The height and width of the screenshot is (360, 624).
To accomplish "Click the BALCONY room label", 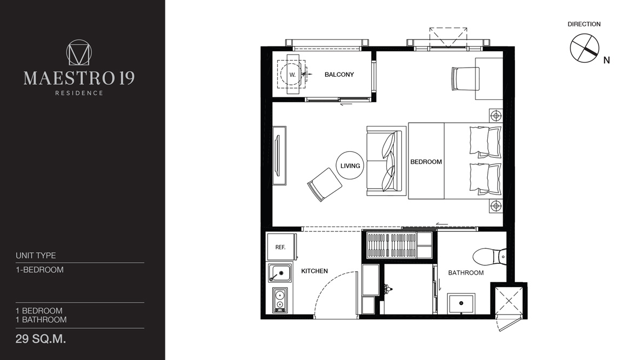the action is [339, 75].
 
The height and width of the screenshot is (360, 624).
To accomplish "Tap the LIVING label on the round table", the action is [350, 165].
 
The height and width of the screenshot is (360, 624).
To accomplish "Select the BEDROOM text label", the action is [426, 162].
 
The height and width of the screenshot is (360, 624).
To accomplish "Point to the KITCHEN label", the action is [314, 271].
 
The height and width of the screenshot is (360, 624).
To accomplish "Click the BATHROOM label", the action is [466, 273].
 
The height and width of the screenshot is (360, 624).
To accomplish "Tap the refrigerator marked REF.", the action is [281, 247].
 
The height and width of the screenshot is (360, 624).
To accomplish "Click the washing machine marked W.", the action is [292, 75].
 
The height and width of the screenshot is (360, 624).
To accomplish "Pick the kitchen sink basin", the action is [280, 273].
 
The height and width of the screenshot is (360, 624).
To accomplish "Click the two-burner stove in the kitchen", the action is [280, 300].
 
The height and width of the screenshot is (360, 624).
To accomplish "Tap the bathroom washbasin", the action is [461, 304].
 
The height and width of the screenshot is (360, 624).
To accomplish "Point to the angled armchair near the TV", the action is [324, 184].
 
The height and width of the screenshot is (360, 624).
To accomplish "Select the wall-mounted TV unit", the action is [279, 156].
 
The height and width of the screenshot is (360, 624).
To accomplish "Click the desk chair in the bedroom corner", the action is [465, 78].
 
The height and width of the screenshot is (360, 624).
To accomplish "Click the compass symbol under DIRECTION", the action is [584, 48].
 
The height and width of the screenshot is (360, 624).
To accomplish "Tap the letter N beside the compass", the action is [607, 60].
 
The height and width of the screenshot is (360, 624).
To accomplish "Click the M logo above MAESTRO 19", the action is [79, 52].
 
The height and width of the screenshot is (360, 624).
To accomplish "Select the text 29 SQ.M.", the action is [41, 339].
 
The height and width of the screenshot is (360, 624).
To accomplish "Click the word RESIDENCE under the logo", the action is [79, 93].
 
